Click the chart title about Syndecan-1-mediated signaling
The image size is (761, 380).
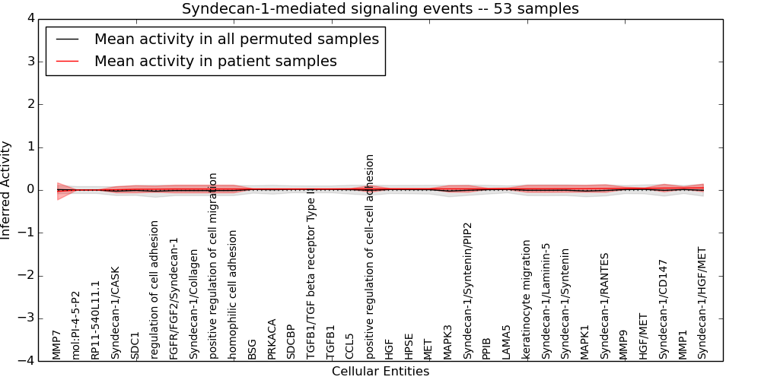click(x=380, y=8)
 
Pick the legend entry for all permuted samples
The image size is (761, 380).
click(x=236, y=39)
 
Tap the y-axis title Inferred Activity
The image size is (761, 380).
click(x=6, y=190)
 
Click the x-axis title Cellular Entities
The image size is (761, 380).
click(x=380, y=371)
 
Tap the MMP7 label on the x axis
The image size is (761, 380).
click(x=56, y=344)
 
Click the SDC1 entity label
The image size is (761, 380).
click(x=135, y=345)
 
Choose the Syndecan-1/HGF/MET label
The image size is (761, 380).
click(x=702, y=302)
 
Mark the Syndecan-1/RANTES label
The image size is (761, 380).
click(x=604, y=306)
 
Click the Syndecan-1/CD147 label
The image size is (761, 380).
click(x=663, y=309)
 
